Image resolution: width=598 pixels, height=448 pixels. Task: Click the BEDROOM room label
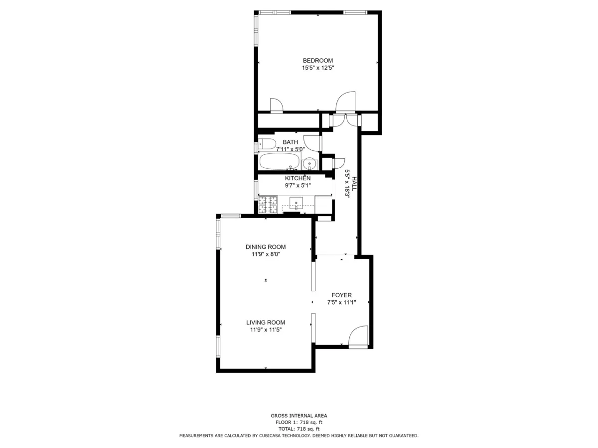point(317,61)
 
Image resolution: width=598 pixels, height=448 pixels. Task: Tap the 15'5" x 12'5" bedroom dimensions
point(317,68)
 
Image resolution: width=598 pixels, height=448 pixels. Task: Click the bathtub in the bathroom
point(279,162)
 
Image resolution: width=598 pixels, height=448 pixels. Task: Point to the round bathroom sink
point(309,163)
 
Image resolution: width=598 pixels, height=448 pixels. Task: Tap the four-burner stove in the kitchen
point(267,205)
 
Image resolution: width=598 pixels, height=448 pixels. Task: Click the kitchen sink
point(297,203)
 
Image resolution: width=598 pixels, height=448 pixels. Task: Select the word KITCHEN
point(298,178)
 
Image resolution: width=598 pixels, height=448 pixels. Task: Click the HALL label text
point(354,184)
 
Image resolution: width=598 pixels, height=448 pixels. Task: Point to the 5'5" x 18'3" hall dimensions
point(347,184)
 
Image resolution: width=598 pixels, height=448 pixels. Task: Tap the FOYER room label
point(341,295)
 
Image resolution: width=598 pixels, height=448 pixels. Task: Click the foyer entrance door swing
point(358,336)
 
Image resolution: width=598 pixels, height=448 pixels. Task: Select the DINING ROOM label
point(266,247)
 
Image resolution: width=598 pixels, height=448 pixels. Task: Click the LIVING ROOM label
point(266,323)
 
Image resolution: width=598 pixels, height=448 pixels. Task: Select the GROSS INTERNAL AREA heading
point(299,416)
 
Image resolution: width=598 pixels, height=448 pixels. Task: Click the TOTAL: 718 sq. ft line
point(299,429)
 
